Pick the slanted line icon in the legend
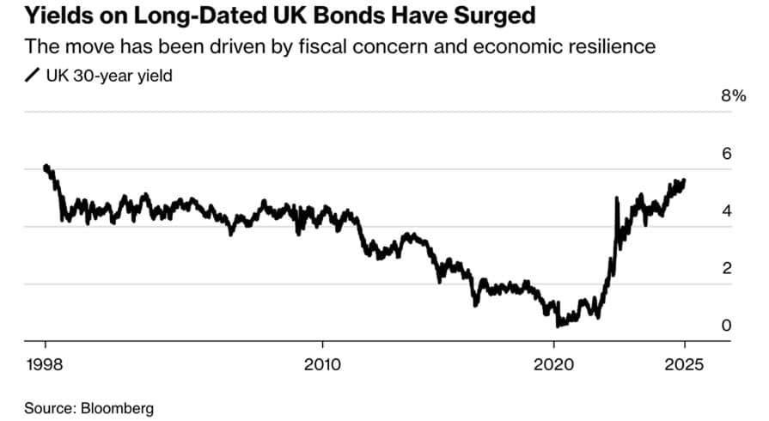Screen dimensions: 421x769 [x=32, y=76]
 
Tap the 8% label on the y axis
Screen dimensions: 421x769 [x=733, y=95]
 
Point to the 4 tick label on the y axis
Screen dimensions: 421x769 [x=726, y=210]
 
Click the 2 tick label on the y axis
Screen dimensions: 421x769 [x=726, y=268]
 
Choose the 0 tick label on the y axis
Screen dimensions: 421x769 [x=726, y=326]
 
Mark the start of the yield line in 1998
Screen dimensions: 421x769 [x=45, y=167]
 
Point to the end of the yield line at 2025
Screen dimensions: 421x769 [x=685, y=180]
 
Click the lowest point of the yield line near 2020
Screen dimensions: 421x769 [x=558, y=326]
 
